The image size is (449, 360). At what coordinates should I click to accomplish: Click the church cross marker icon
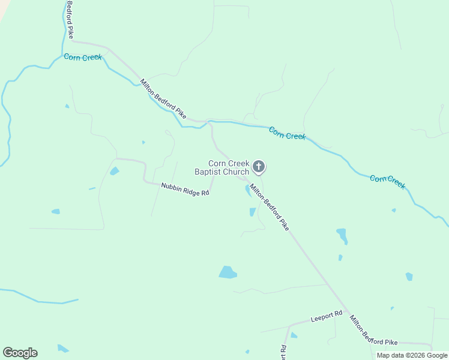tap(259, 166)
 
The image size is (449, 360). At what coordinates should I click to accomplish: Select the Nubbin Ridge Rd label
tap(185, 190)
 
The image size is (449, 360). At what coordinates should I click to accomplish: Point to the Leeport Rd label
tap(326, 316)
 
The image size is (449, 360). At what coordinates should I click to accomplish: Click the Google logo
tap(20, 353)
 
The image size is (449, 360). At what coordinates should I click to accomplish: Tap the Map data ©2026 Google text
tap(412, 355)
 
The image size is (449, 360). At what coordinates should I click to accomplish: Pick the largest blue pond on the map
tap(228, 272)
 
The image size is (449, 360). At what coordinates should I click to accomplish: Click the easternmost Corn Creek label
tap(387, 182)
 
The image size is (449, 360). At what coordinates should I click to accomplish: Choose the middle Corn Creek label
tap(287, 133)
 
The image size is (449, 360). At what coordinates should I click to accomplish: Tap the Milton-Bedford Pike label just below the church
tap(270, 208)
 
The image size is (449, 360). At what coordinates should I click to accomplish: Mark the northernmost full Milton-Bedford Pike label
tap(163, 98)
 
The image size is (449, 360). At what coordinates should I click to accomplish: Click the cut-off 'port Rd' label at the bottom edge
tap(283, 352)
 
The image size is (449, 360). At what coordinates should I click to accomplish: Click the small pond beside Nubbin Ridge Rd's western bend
tap(114, 172)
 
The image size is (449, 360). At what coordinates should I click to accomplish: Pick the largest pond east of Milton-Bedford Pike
tap(342, 235)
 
